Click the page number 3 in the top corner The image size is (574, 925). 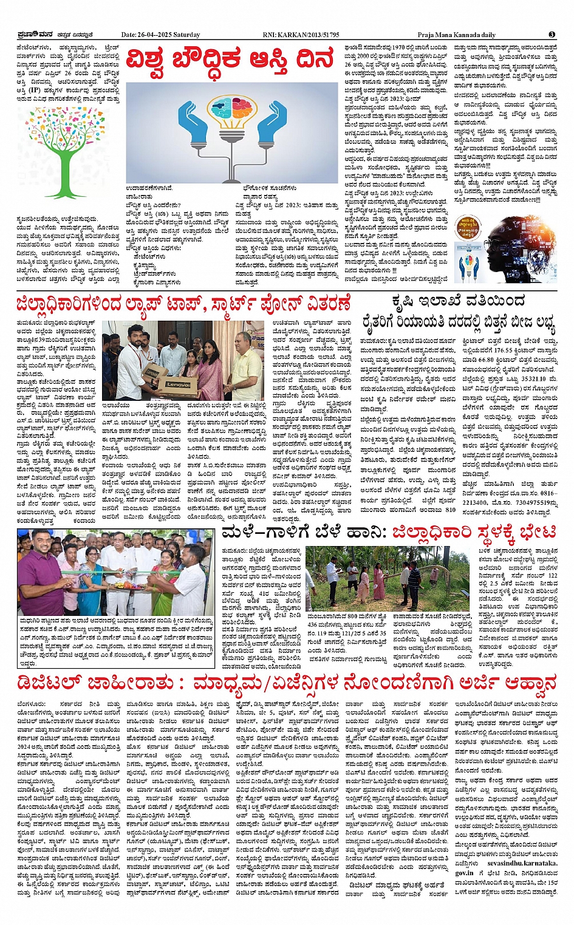[552, 35]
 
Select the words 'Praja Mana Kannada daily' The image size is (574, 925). [456, 35]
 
